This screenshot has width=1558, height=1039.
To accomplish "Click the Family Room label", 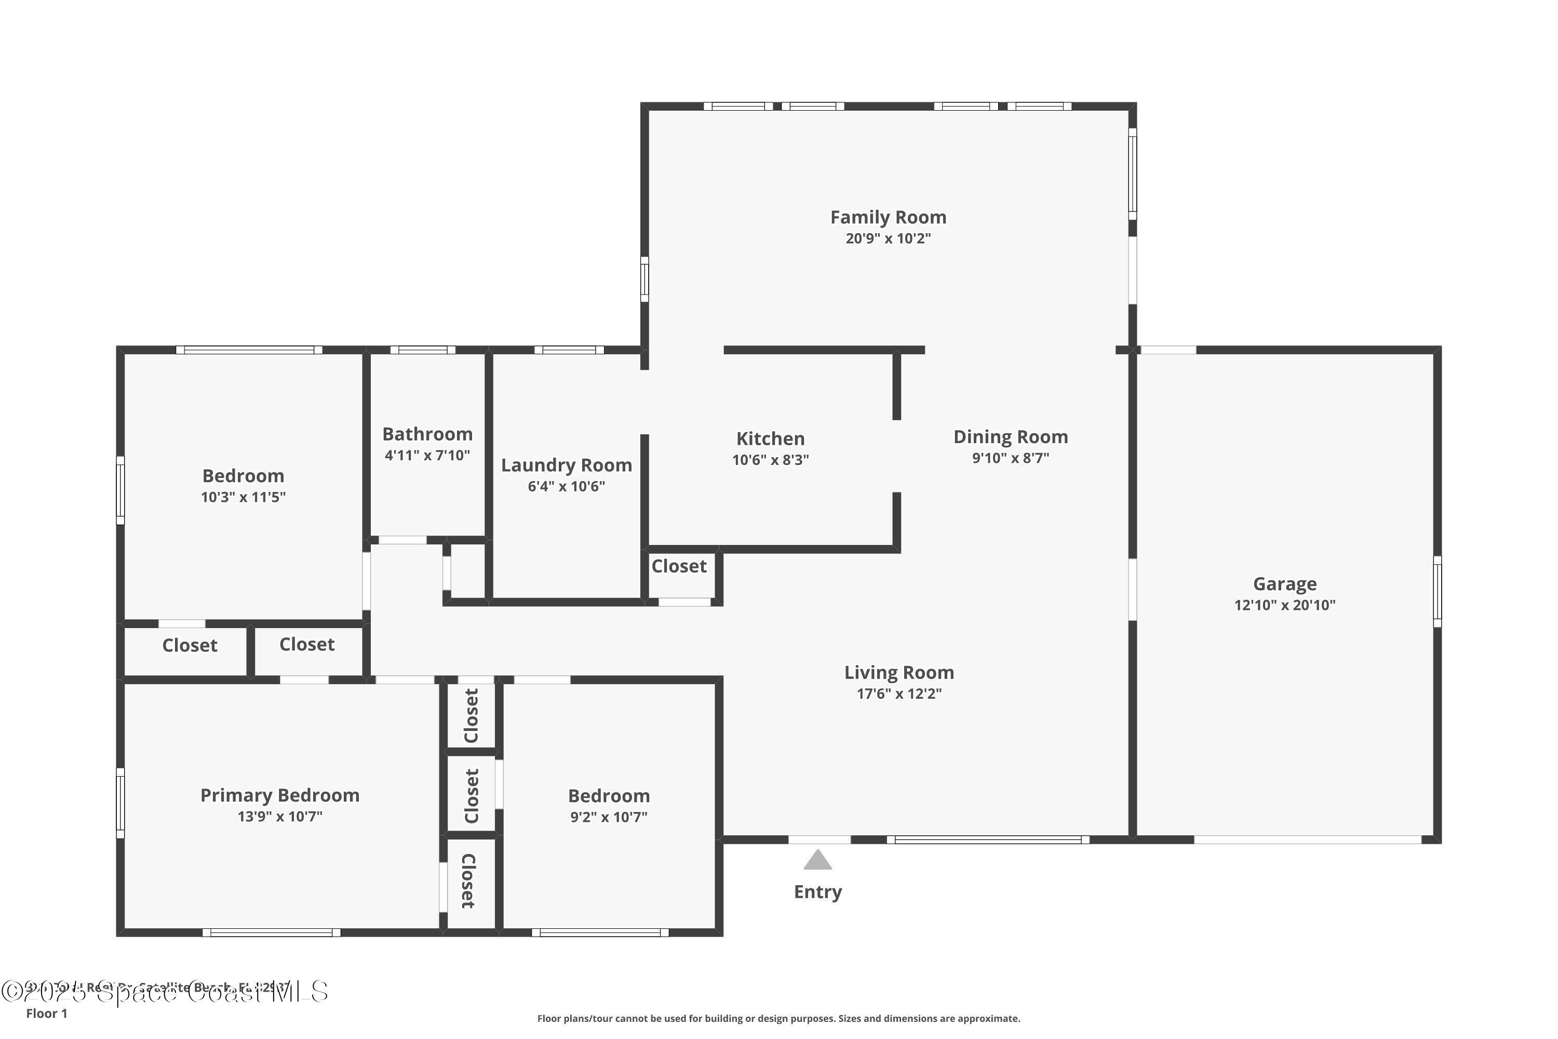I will point(888,217).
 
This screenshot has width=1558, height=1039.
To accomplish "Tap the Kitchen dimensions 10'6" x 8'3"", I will point(770,460).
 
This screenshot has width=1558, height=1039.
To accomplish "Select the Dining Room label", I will point(1010,437).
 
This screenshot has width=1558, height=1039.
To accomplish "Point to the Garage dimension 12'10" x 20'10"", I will point(1284,605).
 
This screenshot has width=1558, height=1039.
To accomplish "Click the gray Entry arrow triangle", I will point(817,860).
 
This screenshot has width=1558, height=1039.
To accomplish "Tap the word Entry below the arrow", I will point(817,892).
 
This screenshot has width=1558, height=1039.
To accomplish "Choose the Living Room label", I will point(899,673).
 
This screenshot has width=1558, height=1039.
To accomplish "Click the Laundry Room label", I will point(567,465).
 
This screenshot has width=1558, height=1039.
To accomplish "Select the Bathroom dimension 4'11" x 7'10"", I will point(427,455).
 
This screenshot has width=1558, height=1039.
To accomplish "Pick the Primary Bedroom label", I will point(279,795).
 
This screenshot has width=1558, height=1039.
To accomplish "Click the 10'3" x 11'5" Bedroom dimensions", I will point(243,497).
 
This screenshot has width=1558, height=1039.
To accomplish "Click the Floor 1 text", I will point(46,1013).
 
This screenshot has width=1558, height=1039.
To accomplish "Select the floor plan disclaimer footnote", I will point(778,1018).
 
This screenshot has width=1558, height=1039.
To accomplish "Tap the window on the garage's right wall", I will point(1437,591).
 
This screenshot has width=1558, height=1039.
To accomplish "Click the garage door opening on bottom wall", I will point(1308,840).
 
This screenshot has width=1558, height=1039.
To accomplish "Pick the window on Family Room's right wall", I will point(1132,174).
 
